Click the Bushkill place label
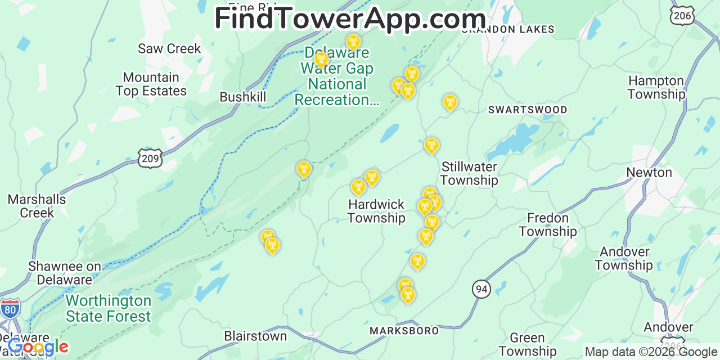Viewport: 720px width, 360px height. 242,97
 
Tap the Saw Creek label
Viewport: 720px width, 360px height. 169,48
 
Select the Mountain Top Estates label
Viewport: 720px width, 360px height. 151,84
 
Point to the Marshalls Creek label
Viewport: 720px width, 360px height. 37,206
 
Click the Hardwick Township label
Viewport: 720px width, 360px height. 376,211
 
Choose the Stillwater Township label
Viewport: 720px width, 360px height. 469,173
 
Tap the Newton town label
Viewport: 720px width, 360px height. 649,172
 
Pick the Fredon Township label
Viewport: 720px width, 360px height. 548,224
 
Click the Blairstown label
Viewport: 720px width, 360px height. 255,336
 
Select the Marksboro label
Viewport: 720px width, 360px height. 404,331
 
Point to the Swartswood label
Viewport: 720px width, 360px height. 528,110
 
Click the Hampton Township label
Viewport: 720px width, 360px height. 656,87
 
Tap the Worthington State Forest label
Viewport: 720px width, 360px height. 108,308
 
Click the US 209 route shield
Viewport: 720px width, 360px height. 150,159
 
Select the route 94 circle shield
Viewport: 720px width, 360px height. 481,289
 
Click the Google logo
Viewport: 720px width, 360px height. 38,347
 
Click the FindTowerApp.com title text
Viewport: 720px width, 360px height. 350,19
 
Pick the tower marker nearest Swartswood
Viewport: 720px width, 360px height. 449,102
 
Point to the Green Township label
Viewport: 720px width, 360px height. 527,344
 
